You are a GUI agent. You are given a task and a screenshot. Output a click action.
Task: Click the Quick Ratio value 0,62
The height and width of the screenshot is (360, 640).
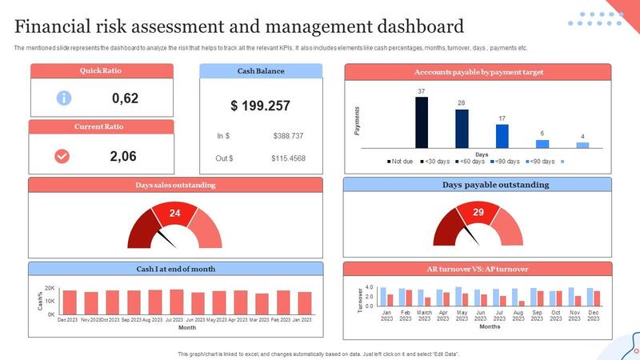(x=126, y=98)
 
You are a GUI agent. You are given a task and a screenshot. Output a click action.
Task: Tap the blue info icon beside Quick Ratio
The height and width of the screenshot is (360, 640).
(x=64, y=98)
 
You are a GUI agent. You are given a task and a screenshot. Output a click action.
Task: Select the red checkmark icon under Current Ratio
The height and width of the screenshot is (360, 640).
(x=62, y=156)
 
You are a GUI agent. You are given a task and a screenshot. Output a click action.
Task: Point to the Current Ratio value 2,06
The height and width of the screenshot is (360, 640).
(x=124, y=156)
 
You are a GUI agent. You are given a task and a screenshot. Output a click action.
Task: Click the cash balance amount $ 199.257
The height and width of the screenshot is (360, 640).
(x=260, y=106)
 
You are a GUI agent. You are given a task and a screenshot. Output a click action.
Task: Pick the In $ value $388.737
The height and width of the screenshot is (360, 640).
(x=288, y=136)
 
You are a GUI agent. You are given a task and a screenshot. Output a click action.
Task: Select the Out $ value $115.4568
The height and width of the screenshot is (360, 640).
(x=288, y=158)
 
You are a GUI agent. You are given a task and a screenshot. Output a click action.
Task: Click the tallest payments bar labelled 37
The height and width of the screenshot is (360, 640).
(x=422, y=122)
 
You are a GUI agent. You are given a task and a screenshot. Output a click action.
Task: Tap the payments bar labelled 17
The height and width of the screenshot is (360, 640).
(x=502, y=137)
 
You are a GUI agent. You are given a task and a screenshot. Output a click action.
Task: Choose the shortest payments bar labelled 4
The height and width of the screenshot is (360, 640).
(x=582, y=145)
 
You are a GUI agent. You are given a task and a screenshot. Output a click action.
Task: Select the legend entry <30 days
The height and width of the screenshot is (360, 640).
(x=438, y=162)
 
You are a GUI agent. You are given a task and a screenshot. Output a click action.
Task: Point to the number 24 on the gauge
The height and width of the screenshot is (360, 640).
(x=174, y=214)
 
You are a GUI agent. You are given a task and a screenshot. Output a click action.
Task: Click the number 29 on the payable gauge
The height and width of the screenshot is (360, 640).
(x=478, y=212)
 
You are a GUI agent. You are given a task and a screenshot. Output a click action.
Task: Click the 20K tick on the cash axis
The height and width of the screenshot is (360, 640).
(x=50, y=288)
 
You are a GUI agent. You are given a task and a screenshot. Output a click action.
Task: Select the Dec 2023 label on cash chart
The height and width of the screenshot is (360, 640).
(x=68, y=319)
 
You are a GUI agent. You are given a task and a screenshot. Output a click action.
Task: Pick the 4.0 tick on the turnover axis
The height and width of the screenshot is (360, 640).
(x=370, y=286)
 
